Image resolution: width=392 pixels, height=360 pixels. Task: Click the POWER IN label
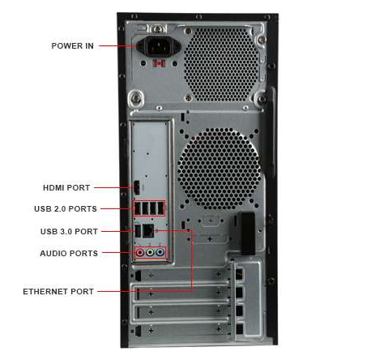72,46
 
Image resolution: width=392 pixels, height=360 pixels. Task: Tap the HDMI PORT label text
66,187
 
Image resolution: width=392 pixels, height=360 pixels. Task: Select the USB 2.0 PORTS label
66,209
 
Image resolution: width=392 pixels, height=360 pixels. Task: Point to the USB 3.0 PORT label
69,232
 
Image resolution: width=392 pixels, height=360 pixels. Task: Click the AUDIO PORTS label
69,254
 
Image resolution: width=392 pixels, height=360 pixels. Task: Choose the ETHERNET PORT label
58,292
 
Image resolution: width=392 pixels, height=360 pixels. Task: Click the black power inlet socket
159,46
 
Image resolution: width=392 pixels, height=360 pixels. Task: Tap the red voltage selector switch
159,63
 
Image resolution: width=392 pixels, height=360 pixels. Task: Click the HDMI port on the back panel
137,187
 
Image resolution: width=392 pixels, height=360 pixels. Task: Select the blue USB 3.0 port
138,230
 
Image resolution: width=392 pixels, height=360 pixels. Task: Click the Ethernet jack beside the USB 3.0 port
148,230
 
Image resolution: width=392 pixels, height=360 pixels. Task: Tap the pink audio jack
140,253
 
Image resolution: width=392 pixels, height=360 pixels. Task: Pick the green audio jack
150,253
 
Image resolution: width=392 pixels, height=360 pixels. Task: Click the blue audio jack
160,253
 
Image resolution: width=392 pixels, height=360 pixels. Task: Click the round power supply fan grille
221,63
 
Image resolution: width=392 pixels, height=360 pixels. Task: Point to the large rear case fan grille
219,169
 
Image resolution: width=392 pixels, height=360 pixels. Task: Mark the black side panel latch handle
248,234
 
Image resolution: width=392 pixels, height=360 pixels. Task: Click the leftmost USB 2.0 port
137,208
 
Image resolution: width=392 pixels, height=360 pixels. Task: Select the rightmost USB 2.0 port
161,208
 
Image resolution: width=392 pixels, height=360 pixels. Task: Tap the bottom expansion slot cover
181,330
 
